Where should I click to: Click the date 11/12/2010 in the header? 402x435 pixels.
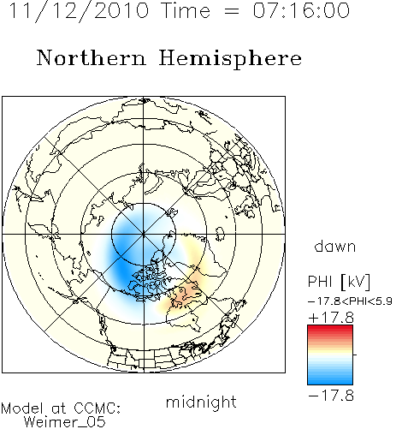79,11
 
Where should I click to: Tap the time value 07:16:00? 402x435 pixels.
301,11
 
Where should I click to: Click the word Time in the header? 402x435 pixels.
186,11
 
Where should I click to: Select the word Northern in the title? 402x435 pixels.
92,57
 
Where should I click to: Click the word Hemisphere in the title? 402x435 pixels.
230,58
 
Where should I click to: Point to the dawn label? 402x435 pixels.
335,246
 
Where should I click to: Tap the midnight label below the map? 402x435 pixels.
201,402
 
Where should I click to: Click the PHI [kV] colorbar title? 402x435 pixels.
339,282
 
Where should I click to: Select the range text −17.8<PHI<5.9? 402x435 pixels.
350,301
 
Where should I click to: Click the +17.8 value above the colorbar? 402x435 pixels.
331,318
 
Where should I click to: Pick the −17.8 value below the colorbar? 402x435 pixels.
331,396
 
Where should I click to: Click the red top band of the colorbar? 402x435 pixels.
330,329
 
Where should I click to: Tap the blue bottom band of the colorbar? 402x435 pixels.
330,381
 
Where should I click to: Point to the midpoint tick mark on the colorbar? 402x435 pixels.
355,355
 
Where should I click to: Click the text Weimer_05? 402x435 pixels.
65,422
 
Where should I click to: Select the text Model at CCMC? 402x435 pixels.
61,408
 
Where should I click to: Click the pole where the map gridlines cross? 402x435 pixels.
144,235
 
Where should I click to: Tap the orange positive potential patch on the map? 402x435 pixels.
185,294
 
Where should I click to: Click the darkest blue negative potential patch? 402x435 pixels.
121,270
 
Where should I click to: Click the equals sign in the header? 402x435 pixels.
232,11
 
